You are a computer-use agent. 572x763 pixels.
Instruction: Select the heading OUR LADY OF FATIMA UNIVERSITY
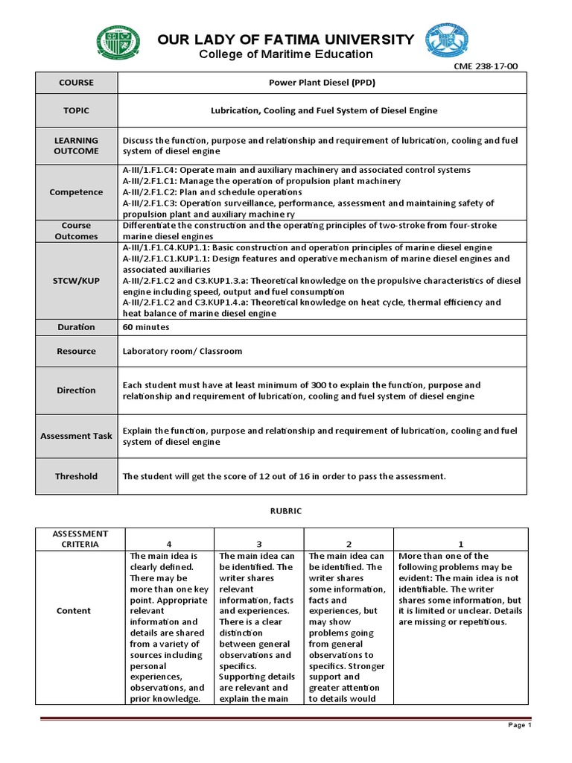coord(286,39)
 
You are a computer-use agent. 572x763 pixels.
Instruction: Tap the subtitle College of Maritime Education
coord(286,54)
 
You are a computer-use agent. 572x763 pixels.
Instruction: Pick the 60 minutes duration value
coord(146,326)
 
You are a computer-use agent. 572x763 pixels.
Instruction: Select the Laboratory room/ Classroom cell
coord(182,351)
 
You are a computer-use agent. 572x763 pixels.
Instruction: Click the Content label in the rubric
coord(74,610)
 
